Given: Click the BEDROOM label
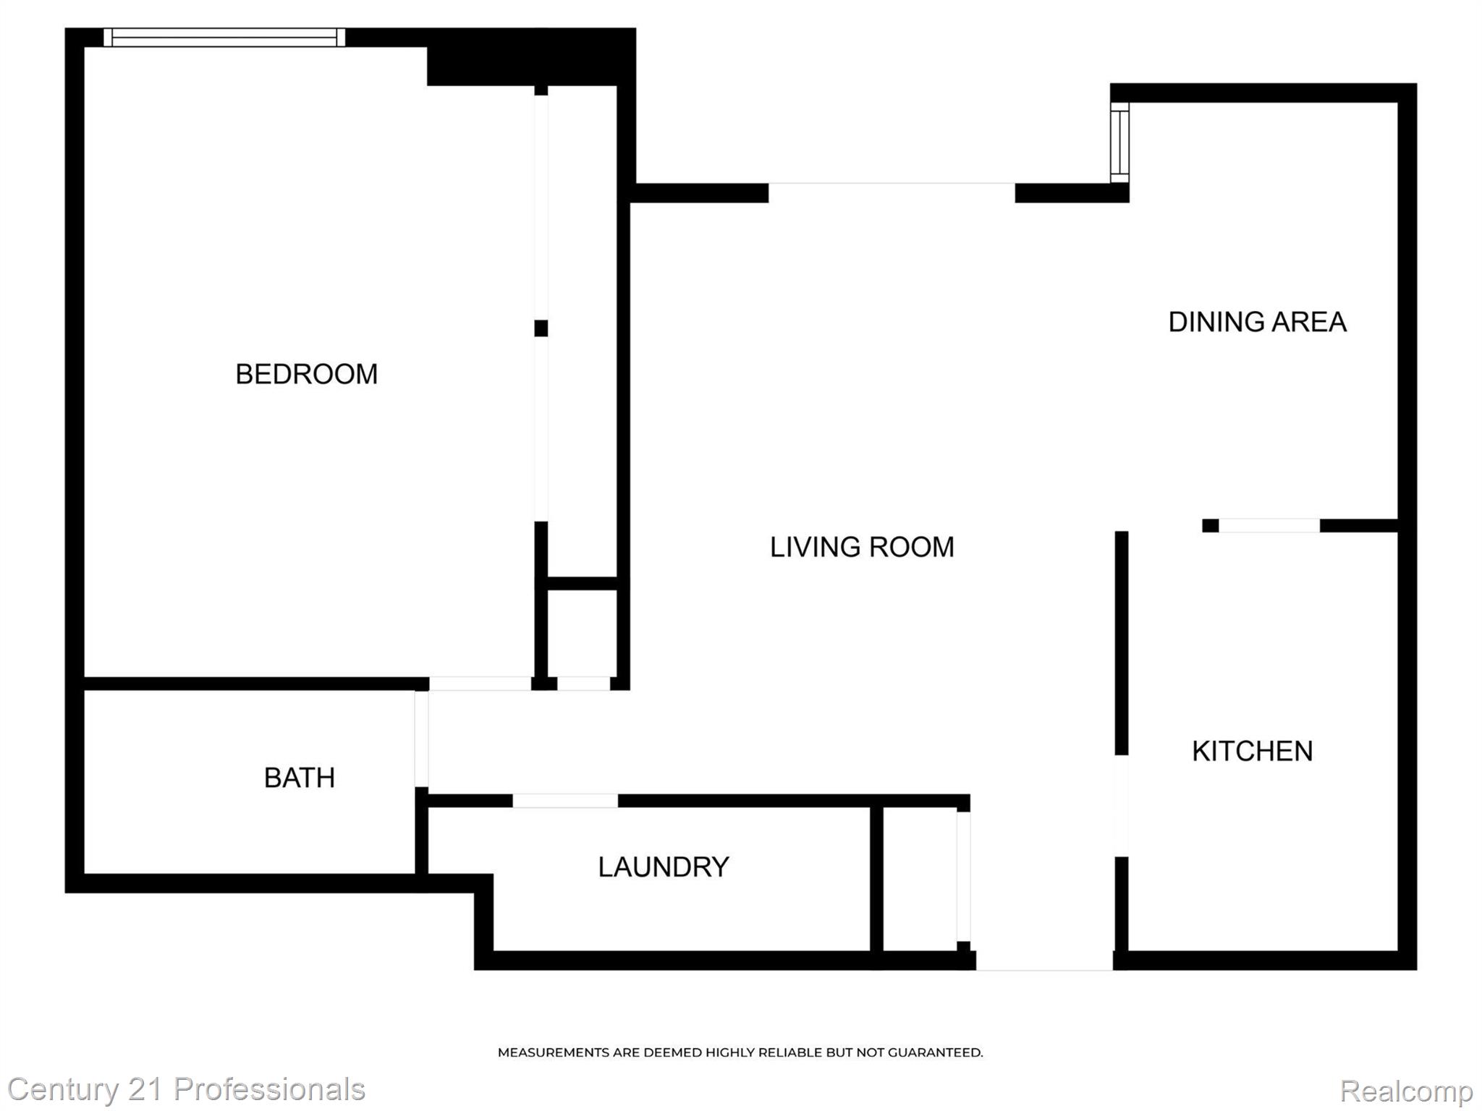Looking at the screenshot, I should (306, 374).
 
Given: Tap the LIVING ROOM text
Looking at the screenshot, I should (861, 547).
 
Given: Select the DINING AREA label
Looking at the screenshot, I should (1257, 322).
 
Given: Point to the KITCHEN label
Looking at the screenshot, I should (1252, 751).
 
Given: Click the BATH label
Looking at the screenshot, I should (299, 778).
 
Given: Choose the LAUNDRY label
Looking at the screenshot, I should (663, 867).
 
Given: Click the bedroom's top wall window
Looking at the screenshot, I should (224, 38).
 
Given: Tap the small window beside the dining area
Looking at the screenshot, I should (1119, 142).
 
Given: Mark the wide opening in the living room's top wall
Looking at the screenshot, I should (891, 192).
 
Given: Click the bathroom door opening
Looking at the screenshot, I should (421, 738).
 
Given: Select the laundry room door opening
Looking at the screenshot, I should (565, 800).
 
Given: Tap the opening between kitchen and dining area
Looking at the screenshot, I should (1269, 526).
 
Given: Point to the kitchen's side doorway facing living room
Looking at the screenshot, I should (1121, 806).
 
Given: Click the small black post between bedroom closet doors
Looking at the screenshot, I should (541, 328).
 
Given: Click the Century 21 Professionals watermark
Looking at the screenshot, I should (186, 1089).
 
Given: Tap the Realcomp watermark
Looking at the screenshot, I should (1406, 1090).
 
